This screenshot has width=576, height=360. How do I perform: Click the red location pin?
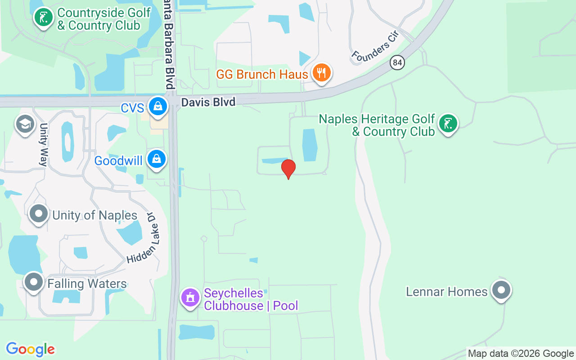click(288, 169)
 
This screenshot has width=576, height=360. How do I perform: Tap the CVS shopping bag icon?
click(158, 107)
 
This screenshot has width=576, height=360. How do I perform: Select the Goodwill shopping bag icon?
click(156, 159)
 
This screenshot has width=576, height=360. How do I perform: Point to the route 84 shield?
click(397, 62)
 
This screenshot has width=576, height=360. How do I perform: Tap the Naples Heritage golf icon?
click(448, 124)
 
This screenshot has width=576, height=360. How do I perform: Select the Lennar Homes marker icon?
click(501, 290)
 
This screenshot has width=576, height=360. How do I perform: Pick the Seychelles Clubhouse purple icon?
click(190, 298)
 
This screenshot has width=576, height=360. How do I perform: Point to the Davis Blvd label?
click(208, 103)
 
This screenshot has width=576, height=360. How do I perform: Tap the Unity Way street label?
click(44, 144)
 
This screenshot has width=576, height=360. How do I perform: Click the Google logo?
click(30, 349)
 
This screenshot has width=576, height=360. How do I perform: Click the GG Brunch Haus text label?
click(262, 74)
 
